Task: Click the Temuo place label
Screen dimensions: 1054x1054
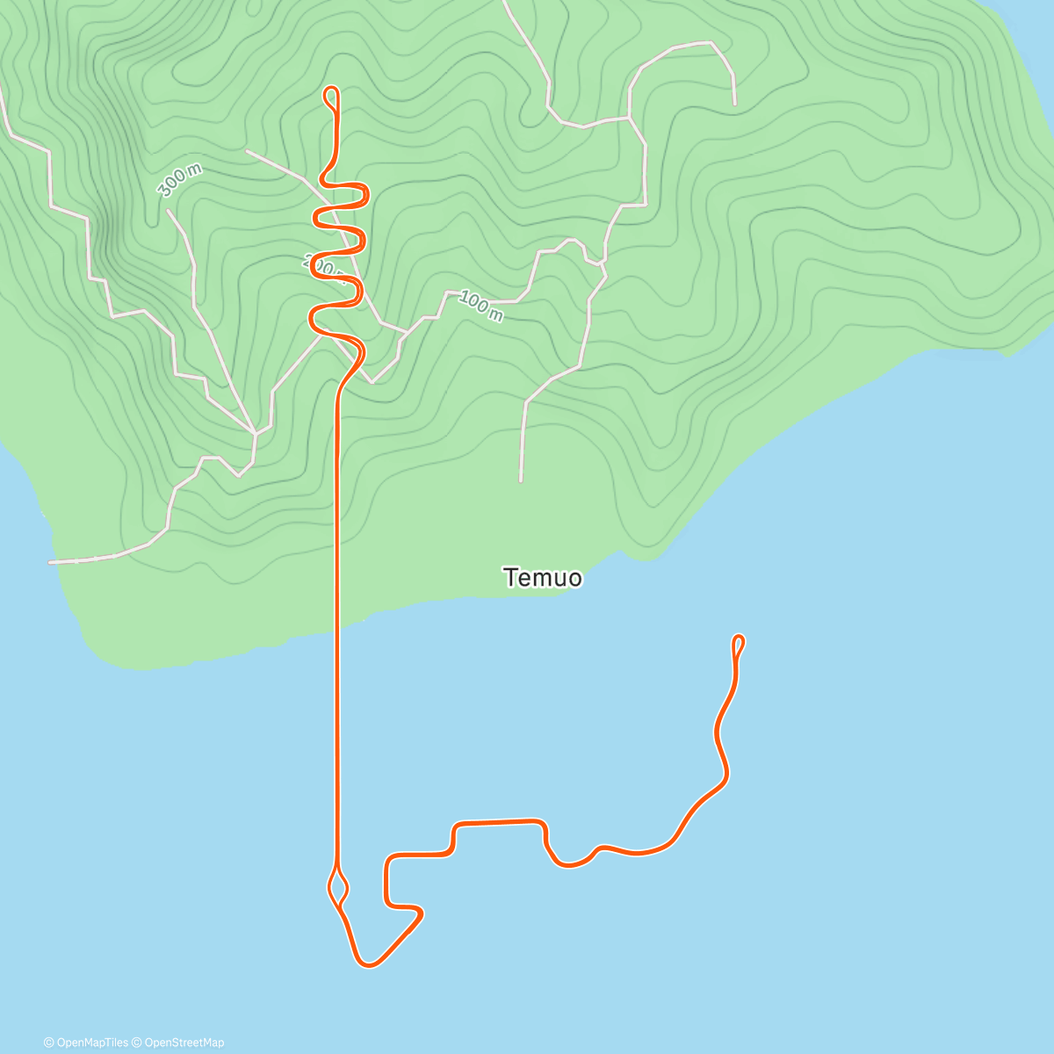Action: pyautogui.click(x=543, y=577)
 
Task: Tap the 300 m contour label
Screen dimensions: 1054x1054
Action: pyautogui.click(x=179, y=181)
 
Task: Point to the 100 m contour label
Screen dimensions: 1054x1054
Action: pyautogui.click(x=480, y=306)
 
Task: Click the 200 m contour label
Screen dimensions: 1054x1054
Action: pyautogui.click(x=321, y=263)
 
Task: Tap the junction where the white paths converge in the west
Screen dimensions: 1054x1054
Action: pyautogui.click(x=255, y=433)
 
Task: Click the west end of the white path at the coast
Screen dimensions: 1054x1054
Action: pyautogui.click(x=51, y=562)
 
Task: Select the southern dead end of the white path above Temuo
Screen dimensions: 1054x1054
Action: pyautogui.click(x=521, y=480)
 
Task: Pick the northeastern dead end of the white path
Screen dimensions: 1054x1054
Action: pyautogui.click(x=734, y=104)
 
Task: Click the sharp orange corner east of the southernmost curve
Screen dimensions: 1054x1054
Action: pyautogui.click(x=422, y=913)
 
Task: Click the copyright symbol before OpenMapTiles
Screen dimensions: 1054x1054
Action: pyautogui.click(x=49, y=1043)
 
